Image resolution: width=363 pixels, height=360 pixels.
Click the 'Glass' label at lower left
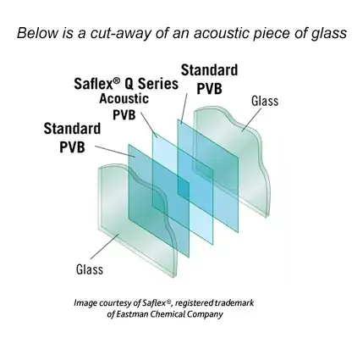(90, 270)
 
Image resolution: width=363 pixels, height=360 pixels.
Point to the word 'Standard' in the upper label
(209, 69)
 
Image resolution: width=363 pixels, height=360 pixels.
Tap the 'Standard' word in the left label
(72, 130)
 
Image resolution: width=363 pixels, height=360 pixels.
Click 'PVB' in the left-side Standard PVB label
(74, 147)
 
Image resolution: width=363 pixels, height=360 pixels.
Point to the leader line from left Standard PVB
(110, 149)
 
